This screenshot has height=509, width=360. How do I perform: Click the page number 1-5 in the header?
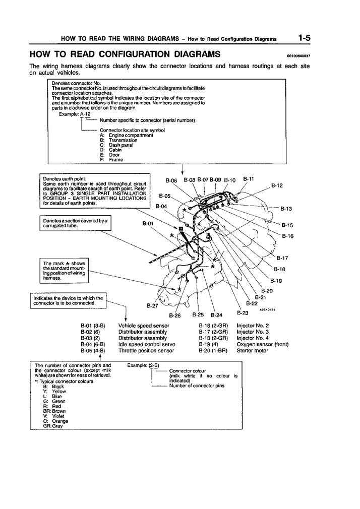pos(304,38)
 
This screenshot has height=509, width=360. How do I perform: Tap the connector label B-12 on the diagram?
pos(277,185)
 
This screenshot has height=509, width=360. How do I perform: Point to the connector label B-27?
pos(152,305)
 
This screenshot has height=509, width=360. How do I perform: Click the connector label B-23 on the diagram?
pos(242,313)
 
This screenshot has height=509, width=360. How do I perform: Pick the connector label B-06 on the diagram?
pos(171,180)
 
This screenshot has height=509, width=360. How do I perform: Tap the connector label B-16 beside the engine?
pos(287,236)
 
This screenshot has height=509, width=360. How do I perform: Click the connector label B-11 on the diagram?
pos(249,178)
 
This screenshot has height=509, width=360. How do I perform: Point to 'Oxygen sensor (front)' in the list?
pos(262,344)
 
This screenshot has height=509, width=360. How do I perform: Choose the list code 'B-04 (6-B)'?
pos(93,344)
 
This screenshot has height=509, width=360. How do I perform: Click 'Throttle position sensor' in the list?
pos(146,350)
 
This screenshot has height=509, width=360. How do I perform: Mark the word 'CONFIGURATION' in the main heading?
pos(129,54)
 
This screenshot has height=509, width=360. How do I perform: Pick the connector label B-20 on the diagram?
pos(267,291)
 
